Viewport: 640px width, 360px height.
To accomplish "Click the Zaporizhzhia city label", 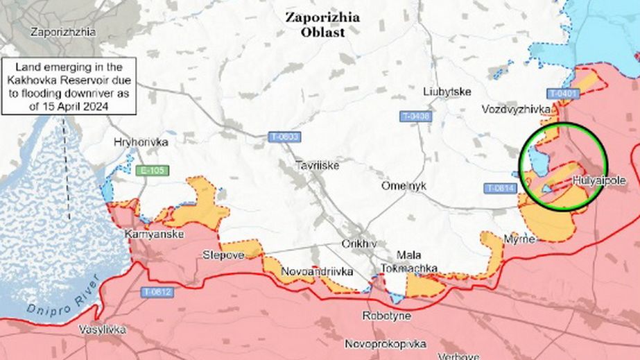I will pyautogui.click(x=63, y=32).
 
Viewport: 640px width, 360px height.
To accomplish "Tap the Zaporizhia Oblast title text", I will pyautogui.click(x=322, y=25).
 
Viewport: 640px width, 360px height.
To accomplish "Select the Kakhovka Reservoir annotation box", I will pyautogui.click(x=69, y=86).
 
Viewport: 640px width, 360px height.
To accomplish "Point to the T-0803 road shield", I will pyautogui.click(x=285, y=137).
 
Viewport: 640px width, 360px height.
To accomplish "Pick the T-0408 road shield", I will pyautogui.click(x=415, y=116).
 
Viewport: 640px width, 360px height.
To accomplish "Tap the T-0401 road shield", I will pyautogui.click(x=561, y=93).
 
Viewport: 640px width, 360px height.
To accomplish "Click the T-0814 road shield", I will pyautogui.click(x=500, y=188).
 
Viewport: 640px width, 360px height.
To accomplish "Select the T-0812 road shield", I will pyautogui.click(x=159, y=292).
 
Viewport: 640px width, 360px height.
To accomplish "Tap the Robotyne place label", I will pyautogui.click(x=386, y=316).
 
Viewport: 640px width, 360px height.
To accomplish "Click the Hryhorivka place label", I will pyautogui.click(x=141, y=142).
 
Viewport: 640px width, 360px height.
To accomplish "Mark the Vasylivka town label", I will pyautogui.click(x=103, y=329).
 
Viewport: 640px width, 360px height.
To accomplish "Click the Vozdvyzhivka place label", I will pyautogui.click(x=517, y=110).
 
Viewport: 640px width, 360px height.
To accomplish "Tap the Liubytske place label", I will pyautogui.click(x=447, y=92).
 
